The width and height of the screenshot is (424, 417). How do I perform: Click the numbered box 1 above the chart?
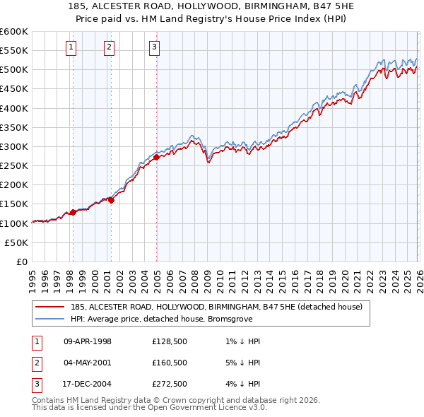[72, 48]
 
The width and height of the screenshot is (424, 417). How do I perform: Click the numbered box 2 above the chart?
[110, 48]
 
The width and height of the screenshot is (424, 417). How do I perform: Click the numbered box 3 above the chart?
[155, 48]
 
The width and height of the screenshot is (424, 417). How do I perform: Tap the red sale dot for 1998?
[73, 212]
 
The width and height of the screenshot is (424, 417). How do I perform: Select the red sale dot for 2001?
[111, 200]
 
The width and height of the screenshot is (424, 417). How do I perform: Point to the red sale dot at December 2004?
[156, 157]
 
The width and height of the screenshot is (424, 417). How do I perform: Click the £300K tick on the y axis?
[14, 146]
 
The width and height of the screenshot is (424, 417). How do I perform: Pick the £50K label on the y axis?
[17, 242]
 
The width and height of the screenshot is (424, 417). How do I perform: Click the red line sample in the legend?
[50, 307]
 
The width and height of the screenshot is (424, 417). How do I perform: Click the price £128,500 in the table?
[169, 341]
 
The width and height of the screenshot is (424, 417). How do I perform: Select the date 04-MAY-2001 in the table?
[88, 363]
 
